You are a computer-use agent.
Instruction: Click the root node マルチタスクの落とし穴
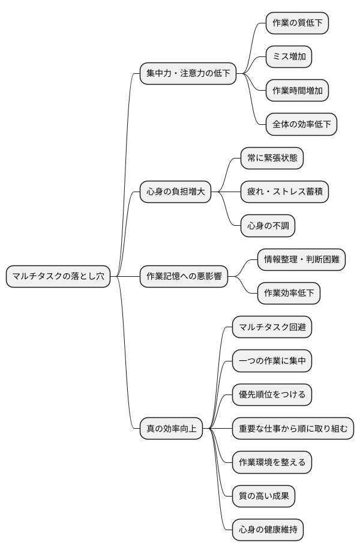[x=58, y=277]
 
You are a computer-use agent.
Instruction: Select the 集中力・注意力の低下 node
[x=188, y=74]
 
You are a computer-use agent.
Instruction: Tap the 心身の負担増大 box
[x=175, y=192]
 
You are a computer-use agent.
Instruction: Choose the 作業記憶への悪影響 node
[x=184, y=277]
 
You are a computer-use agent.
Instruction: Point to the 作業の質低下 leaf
[x=297, y=23]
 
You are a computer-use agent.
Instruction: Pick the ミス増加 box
[x=289, y=56]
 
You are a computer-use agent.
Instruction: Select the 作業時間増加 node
[x=297, y=91]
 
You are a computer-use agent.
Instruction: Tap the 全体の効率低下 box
[x=301, y=124]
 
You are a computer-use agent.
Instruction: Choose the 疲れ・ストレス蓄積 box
[x=284, y=192]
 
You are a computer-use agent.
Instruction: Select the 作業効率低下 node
[x=289, y=294]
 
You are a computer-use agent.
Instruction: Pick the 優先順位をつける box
[x=272, y=394]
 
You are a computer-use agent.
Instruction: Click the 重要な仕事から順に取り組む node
[x=293, y=429]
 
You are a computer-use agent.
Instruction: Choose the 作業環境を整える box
[x=272, y=462]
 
